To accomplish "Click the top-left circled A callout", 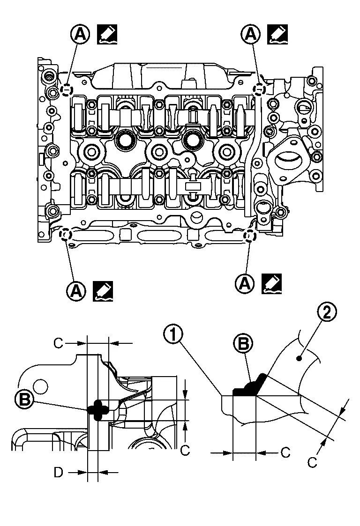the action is (80, 34).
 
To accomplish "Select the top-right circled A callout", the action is (251, 34).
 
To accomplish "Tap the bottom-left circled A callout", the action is (76, 290).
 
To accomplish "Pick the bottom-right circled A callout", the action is (246, 284).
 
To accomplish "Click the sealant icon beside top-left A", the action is (107, 34).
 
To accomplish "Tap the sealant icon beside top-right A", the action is (277, 34).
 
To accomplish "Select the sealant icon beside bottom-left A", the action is (103, 290).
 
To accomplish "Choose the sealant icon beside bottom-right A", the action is (272, 284).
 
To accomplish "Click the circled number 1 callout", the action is (173, 335).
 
